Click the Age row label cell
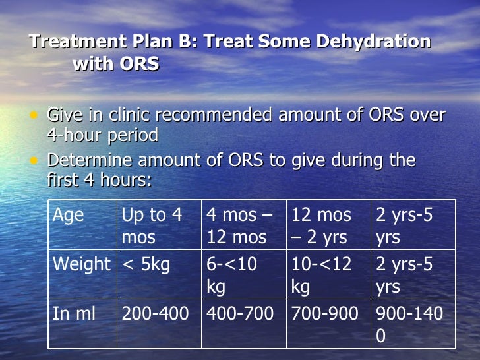(82, 225)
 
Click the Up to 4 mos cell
(159, 225)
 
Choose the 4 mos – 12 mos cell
(243, 225)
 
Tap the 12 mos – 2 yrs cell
(328, 225)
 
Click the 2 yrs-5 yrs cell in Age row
(413, 225)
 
